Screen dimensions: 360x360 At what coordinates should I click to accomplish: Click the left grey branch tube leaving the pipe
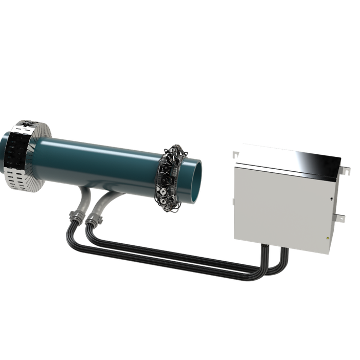[82, 197]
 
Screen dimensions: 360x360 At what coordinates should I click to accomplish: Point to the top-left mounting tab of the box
[236, 154]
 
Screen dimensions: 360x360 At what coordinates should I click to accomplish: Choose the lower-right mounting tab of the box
[340, 219]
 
